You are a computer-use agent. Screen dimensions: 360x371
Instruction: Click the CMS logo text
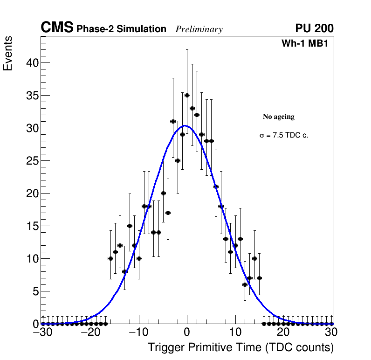click(x=57, y=28)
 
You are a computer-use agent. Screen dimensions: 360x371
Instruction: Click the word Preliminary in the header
click(x=199, y=29)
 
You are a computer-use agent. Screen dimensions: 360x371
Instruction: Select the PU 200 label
click(x=314, y=28)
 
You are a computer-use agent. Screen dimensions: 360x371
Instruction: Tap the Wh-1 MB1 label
click(x=308, y=44)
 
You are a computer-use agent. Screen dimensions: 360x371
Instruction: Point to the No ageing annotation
click(x=279, y=117)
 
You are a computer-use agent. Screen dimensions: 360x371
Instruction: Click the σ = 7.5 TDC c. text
click(x=284, y=136)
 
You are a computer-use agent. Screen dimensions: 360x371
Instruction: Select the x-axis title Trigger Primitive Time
click(x=240, y=347)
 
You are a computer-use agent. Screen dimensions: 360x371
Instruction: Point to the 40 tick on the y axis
click(x=31, y=63)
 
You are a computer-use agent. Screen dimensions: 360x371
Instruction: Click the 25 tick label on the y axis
click(x=31, y=161)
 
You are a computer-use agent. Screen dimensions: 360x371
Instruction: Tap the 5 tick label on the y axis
click(x=34, y=291)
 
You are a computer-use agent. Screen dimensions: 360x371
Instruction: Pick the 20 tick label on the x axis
click(x=283, y=332)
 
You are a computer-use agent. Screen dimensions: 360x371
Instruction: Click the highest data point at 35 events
click(x=187, y=95)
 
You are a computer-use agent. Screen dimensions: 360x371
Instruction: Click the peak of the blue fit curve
click(x=185, y=125)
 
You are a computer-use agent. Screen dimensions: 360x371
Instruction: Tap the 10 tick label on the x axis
click(x=235, y=332)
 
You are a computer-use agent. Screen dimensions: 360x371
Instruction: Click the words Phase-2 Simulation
click(x=121, y=29)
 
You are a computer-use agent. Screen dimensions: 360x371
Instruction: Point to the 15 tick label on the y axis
click(x=31, y=226)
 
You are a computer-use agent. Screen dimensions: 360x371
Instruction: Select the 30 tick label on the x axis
click(x=331, y=332)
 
